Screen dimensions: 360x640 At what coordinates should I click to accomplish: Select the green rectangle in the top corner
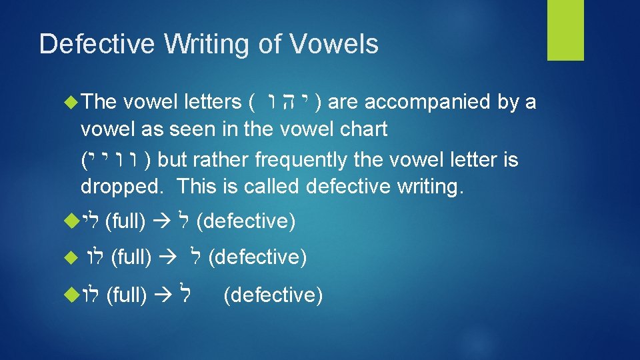pyautogui.click(x=565, y=30)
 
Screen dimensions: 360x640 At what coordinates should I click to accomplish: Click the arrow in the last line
pyautogui.click(x=162, y=295)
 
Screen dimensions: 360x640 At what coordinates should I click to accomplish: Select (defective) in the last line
pyautogui.click(x=273, y=295)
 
